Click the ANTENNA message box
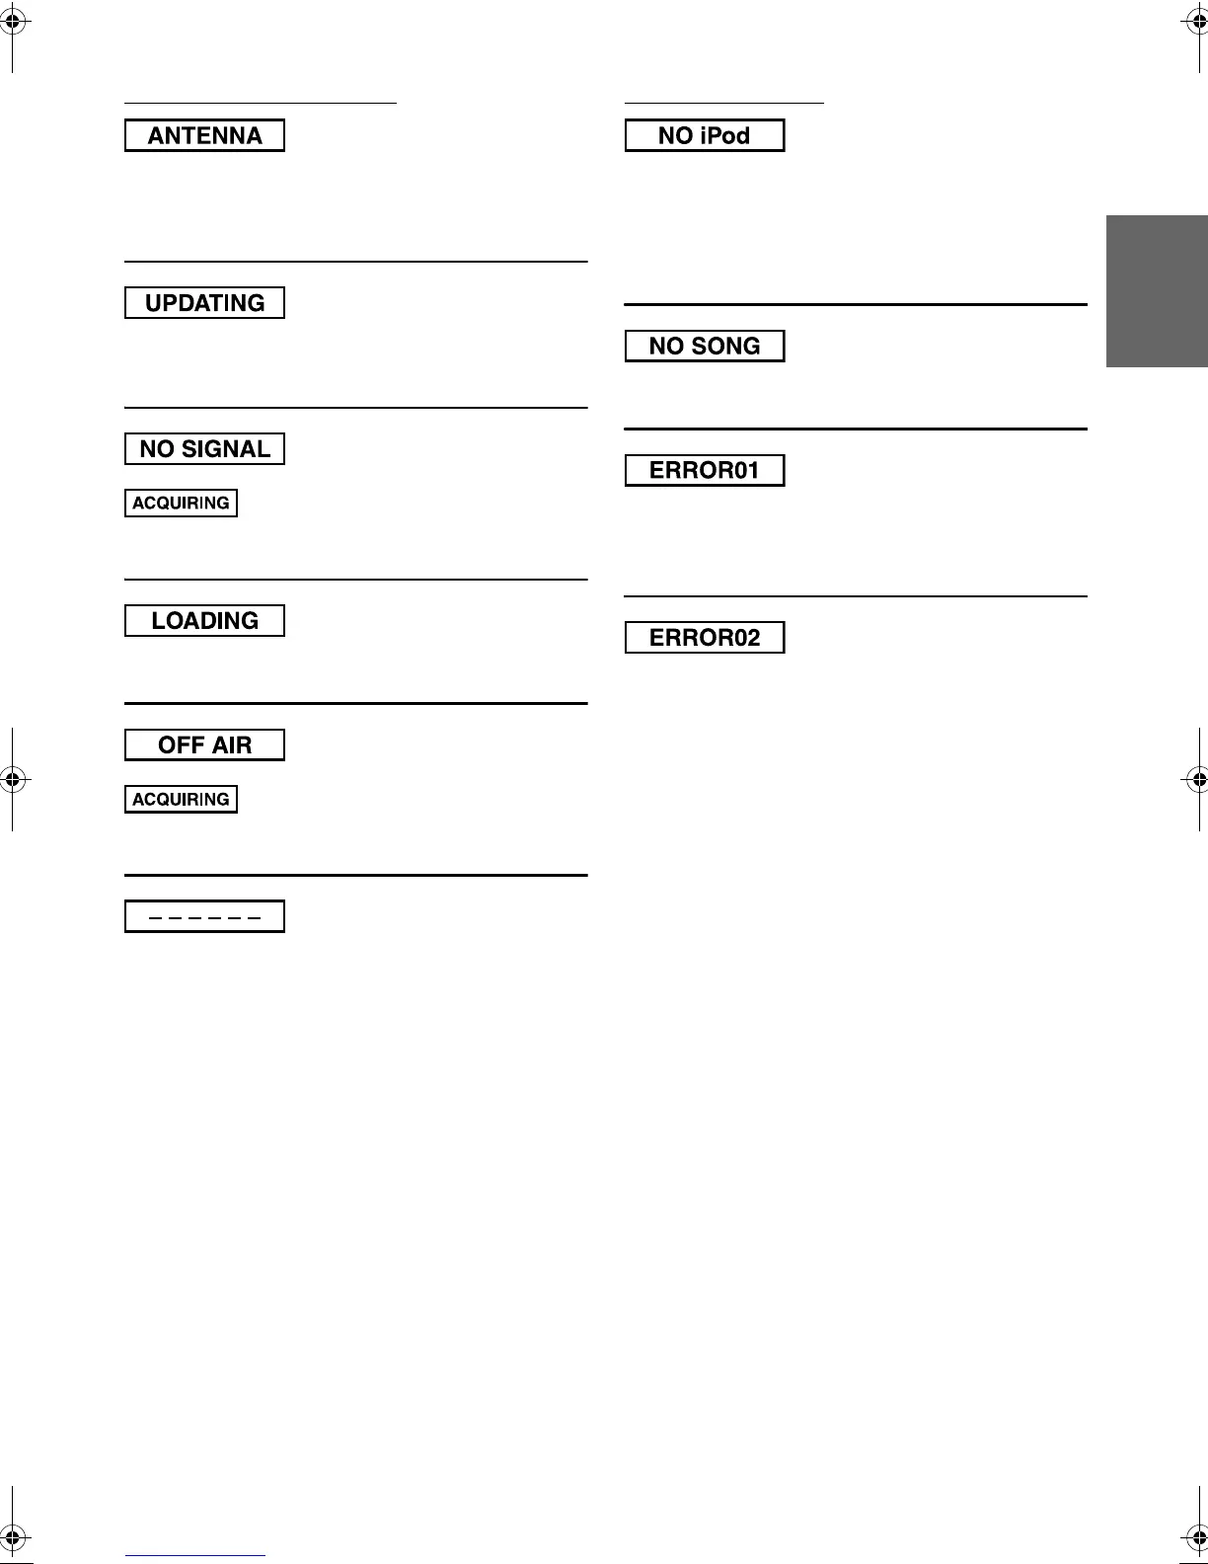204,135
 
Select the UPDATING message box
204,302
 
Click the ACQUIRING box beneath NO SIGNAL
181,503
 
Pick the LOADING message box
204,620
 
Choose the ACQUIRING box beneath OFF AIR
181,799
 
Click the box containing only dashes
204,916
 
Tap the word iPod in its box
725,135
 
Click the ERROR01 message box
705,470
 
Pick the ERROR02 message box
705,637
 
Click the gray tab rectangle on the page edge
1157,291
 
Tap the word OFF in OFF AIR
181,744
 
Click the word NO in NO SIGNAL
157,449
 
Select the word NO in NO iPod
675,135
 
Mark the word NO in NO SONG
666,346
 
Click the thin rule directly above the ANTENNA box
260,102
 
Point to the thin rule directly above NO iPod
723,102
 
